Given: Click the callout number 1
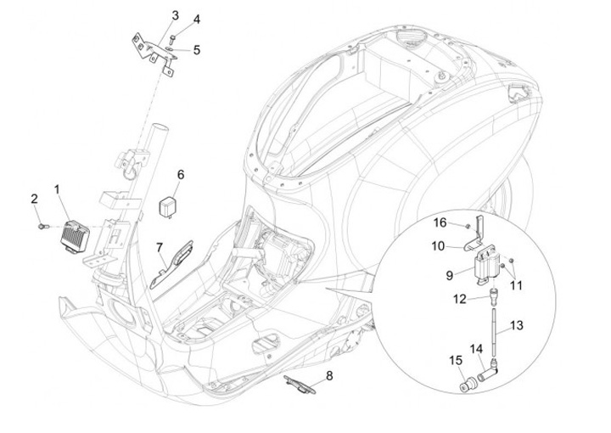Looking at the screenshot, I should point(58,188).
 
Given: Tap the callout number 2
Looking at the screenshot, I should point(35,199).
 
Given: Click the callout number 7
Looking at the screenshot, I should point(159,247).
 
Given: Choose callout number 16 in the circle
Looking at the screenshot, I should point(440,222).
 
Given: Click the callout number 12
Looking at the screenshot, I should point(459,298).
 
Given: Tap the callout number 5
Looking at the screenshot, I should point(197,49).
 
